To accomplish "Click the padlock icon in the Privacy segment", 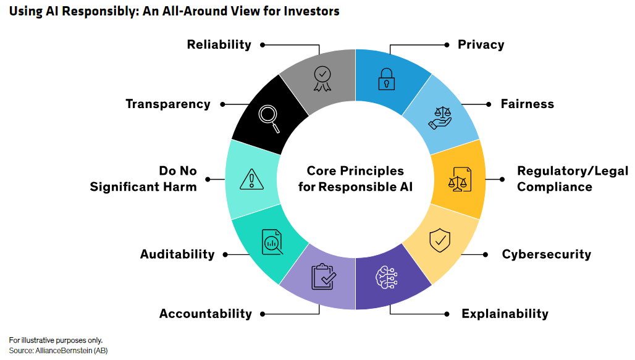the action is pos(386,79).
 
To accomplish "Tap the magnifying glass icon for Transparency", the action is pos(269,119).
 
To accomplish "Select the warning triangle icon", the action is pos(251,179).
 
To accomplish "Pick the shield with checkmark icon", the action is pos(440,240).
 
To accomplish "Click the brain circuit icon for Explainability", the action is pos(386,277).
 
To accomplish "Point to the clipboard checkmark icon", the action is pos(324,277).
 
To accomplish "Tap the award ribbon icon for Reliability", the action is pos(322,78).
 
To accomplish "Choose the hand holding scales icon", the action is pos(440,118).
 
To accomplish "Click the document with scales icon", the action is pos(460,179).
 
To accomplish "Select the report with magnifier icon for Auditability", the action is pos(272,242).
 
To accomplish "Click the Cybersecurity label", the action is pos(546,254).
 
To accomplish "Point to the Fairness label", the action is pos(528,104).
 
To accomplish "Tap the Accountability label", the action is pos(205,314).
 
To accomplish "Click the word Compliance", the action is pos(555,186).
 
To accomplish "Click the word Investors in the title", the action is pos(311,11).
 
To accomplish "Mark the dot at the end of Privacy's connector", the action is pos(447,45).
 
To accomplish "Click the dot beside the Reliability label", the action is pos(263,45).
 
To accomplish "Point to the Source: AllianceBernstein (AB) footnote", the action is pos(58,351).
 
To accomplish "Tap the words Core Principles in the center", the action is pos(355,171).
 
